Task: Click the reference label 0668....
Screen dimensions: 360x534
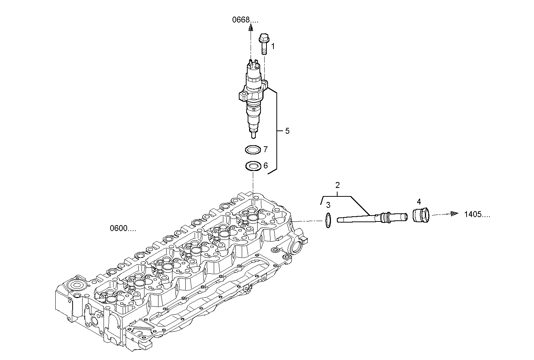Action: pos(245,20)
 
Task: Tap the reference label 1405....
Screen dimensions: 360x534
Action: pos(477,214)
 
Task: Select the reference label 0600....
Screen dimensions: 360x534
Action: pos(123,228)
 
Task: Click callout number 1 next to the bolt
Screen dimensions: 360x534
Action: pos(273,46)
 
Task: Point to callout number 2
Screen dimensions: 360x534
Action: pos(337,185)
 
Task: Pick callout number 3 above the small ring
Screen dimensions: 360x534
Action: pos(328,205)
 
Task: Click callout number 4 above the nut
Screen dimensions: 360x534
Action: pos(419,202)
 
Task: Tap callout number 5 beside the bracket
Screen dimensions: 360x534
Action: pos(287,131)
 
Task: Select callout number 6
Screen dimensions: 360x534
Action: pos(265,166)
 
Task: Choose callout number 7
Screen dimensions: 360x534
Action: pos(265,150)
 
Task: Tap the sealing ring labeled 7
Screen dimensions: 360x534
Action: pos(253,150)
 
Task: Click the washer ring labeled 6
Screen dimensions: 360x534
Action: pos(253,166)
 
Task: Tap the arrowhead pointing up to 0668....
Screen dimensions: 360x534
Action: pos(250,27)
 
